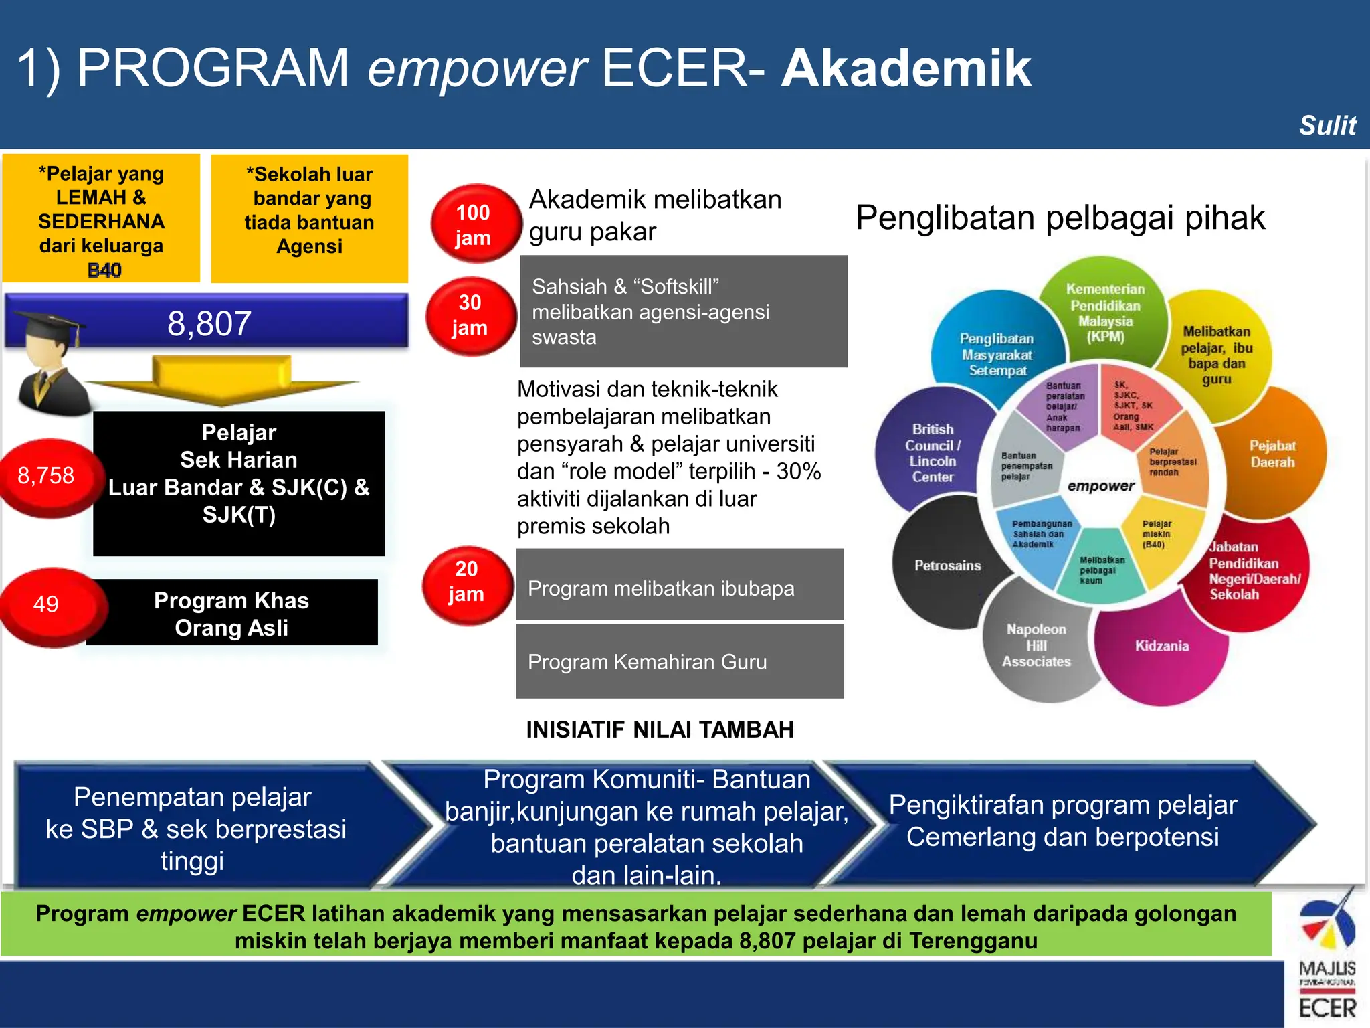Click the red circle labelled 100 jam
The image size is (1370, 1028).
click(x=474, y=224)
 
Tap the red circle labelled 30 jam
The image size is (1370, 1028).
click(x=470, y=315)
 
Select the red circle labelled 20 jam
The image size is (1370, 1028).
click(x=466, y=582)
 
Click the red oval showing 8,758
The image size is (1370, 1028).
click(x=45, y=476)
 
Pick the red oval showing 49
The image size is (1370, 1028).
click(x=47, y=604)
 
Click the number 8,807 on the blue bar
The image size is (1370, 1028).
click(x=209, y=324)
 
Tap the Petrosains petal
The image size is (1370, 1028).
click(x=947, y=566)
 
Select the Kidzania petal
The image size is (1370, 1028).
click(x=1162, y=647)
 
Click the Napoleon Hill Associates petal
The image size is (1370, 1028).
click(x=1036, y=646)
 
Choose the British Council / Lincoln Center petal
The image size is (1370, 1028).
click(x=933, y=454)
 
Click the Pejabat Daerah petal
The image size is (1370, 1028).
click(x=1272, y=454)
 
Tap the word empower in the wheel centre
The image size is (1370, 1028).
click(x=1101, y=487)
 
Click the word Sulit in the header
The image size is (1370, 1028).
click(x=1327, y=126)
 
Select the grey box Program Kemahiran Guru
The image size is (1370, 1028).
click(x=679, y=662)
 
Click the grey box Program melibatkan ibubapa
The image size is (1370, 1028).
click(x=679, y=589)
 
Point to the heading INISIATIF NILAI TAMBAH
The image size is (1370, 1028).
click(x=660, y=730)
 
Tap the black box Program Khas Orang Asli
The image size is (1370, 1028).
click(x=231, y=614)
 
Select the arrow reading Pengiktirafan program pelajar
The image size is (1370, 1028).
click(x=1062, y=821)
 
